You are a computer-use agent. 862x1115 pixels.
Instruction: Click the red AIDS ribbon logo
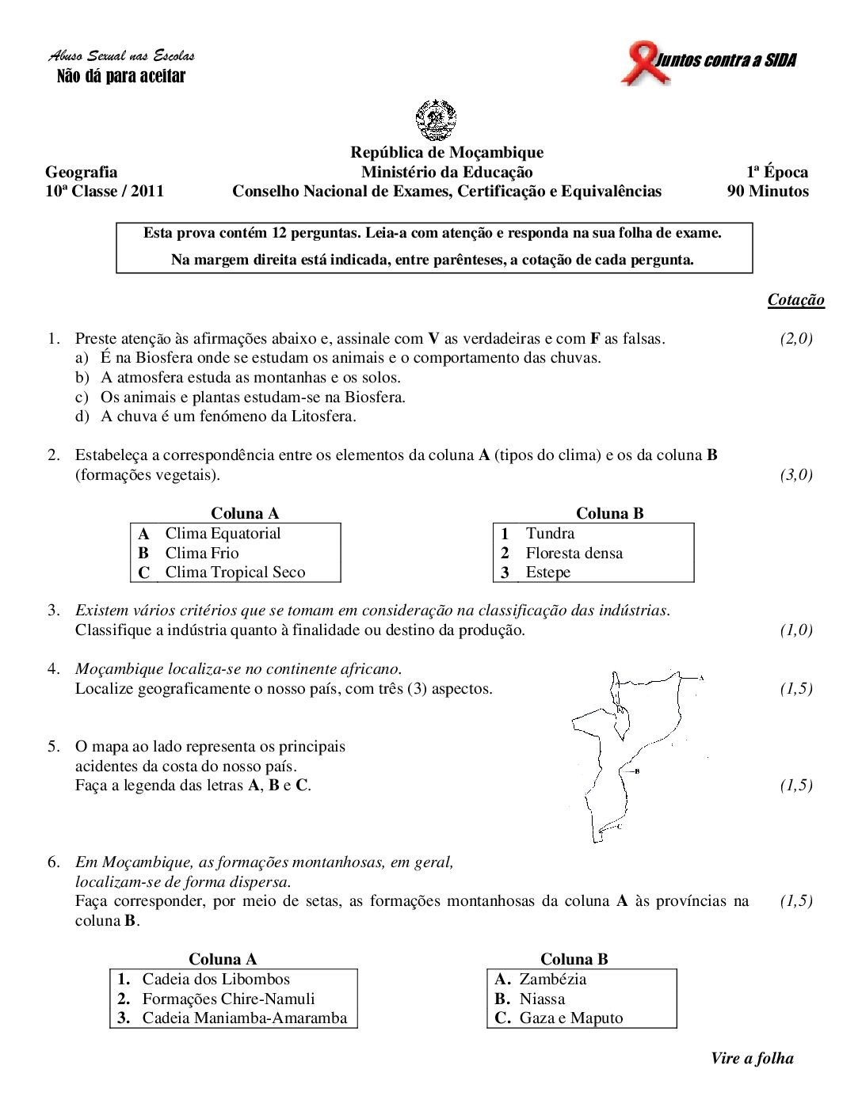643,63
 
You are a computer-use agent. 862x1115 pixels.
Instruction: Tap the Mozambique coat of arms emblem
436,120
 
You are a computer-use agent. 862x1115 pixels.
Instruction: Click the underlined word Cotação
795,300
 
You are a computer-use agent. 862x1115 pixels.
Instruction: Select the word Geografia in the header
82,172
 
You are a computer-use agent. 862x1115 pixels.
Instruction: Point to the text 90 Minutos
768,191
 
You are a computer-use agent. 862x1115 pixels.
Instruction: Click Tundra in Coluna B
550,534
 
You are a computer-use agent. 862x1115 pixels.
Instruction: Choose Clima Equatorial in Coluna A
223,534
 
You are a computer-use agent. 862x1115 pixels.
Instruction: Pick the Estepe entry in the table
547,573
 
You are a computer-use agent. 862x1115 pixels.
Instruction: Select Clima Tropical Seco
235,573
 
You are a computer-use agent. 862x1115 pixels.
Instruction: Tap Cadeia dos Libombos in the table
215,980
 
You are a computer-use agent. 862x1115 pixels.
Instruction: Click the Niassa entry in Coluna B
542,999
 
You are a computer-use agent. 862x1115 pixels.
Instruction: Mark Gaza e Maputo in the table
570,1018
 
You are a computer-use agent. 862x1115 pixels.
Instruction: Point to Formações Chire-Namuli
228,999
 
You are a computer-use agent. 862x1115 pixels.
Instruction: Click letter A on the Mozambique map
701,678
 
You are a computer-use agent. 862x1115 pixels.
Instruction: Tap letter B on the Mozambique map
637,771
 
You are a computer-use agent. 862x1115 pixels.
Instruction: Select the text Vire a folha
752,1059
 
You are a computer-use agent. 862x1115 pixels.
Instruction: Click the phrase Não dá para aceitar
121,76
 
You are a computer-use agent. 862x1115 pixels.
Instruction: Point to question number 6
53,862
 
